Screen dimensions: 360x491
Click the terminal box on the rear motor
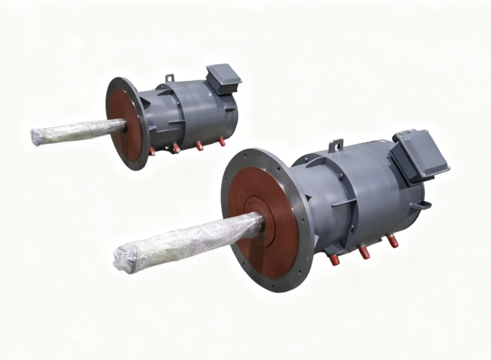point(224,78)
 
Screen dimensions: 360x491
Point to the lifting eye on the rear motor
point(169,78)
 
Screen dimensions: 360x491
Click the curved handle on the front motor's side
point(421,205)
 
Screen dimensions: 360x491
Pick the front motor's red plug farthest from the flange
point(393,241)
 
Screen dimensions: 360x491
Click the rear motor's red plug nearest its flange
point(152,151)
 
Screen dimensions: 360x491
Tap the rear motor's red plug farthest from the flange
point(222,142)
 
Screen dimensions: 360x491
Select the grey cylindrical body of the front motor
point(377,189)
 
